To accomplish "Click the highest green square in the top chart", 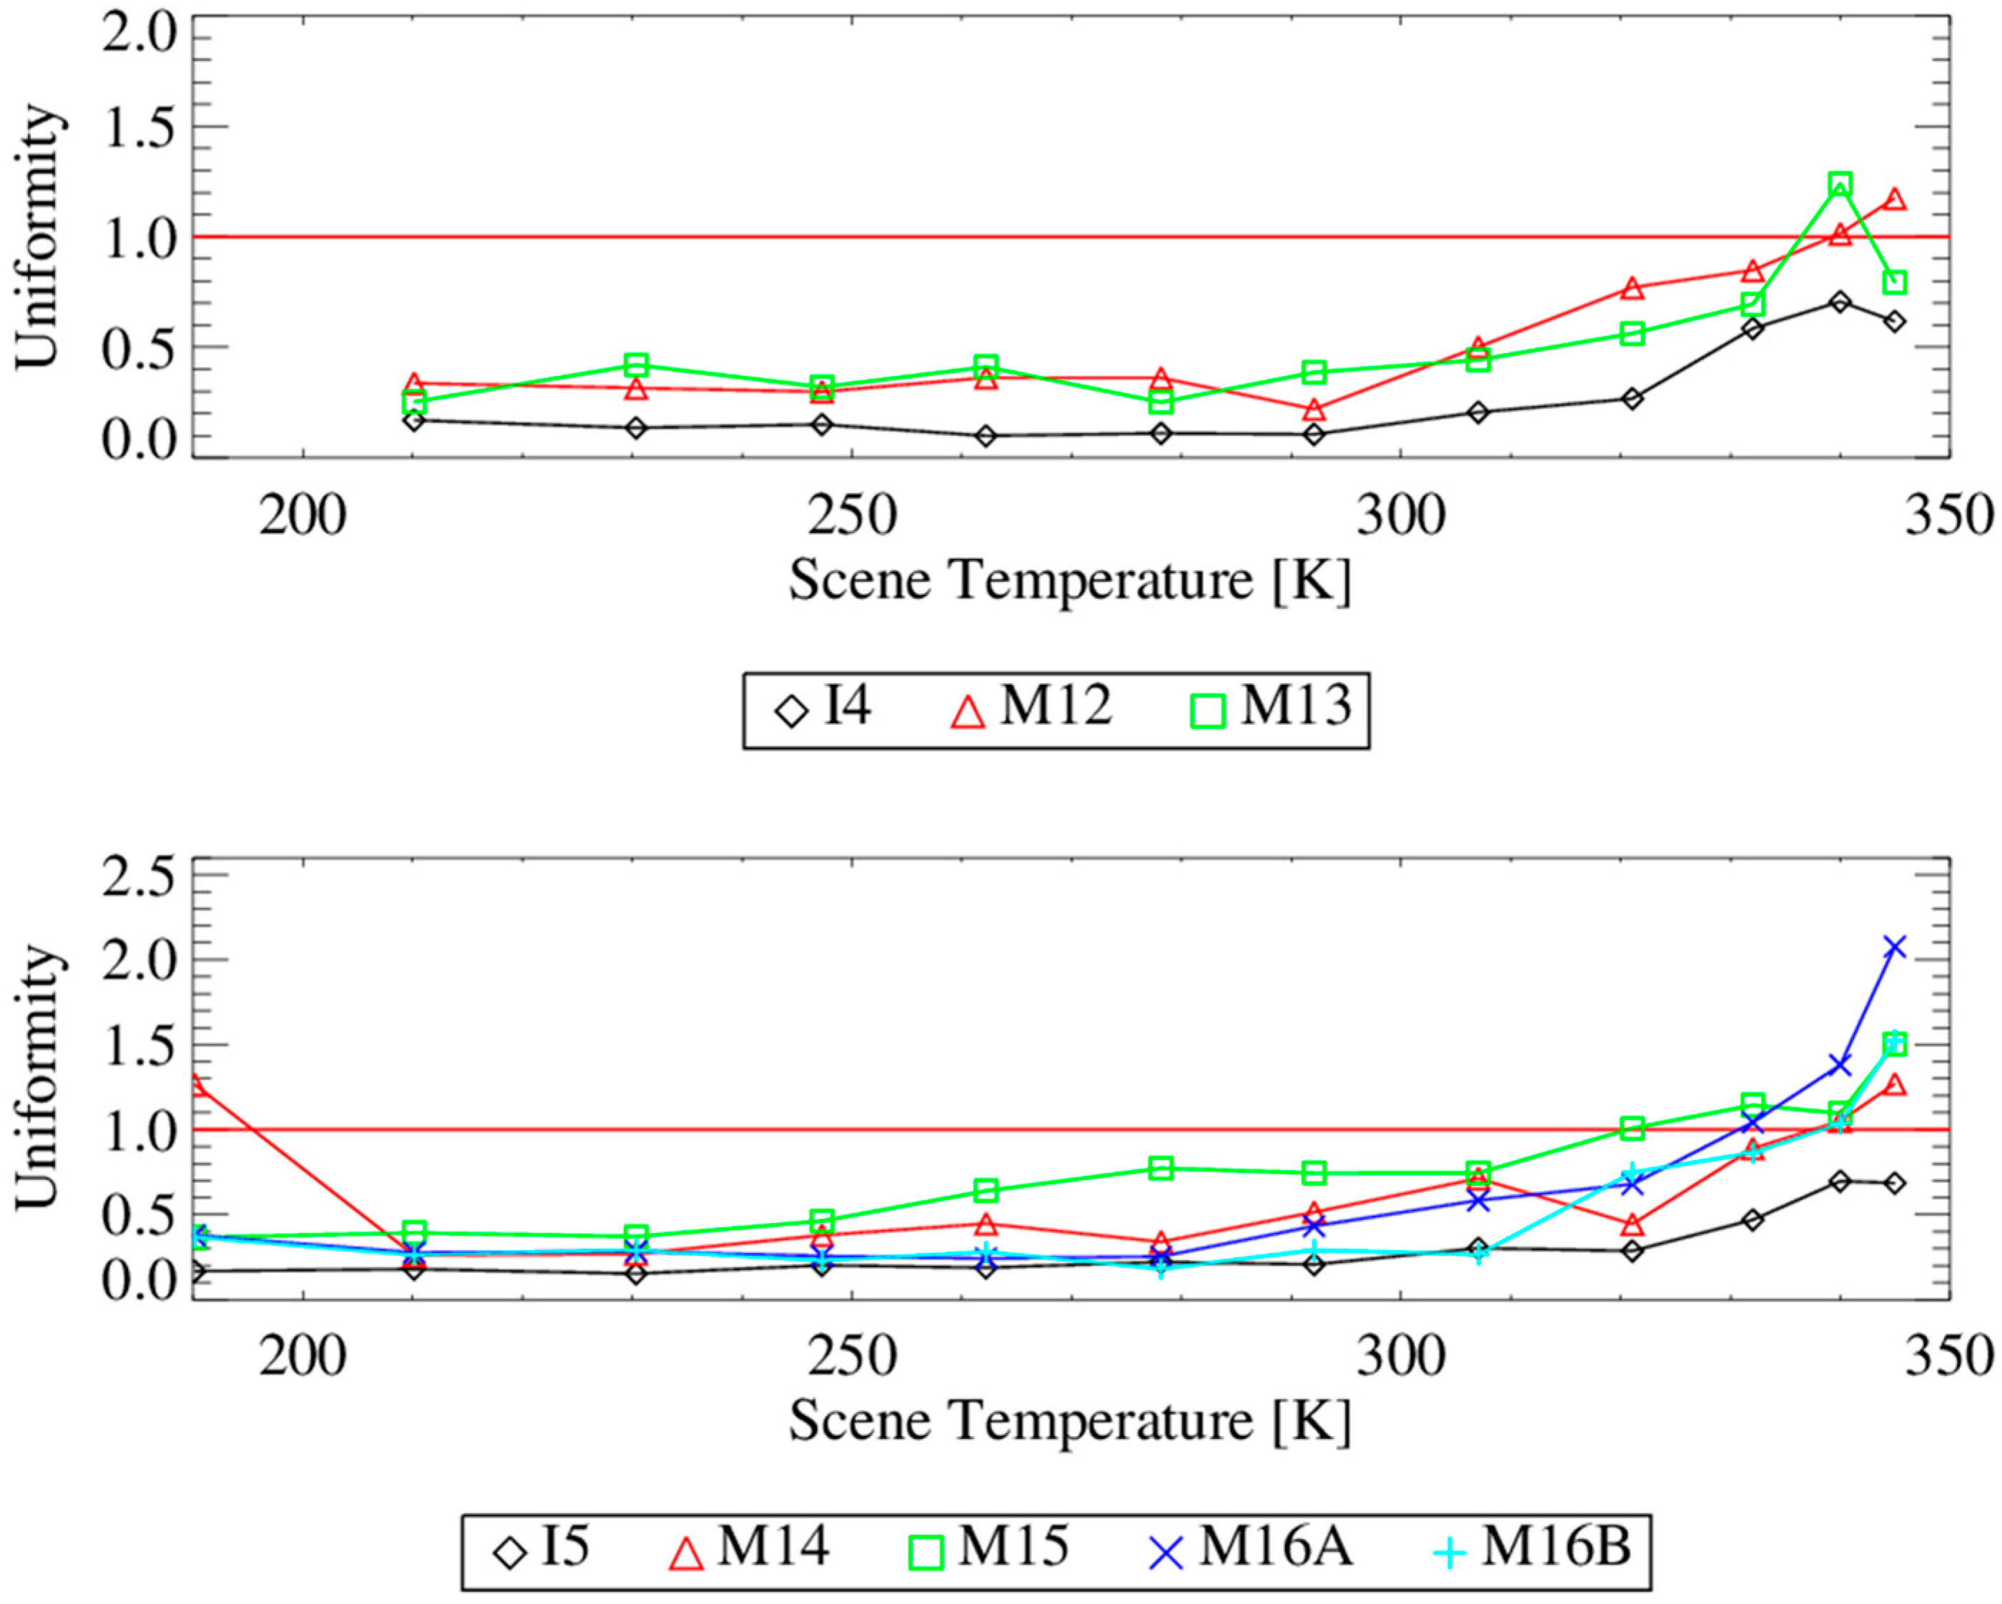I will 1840,184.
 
